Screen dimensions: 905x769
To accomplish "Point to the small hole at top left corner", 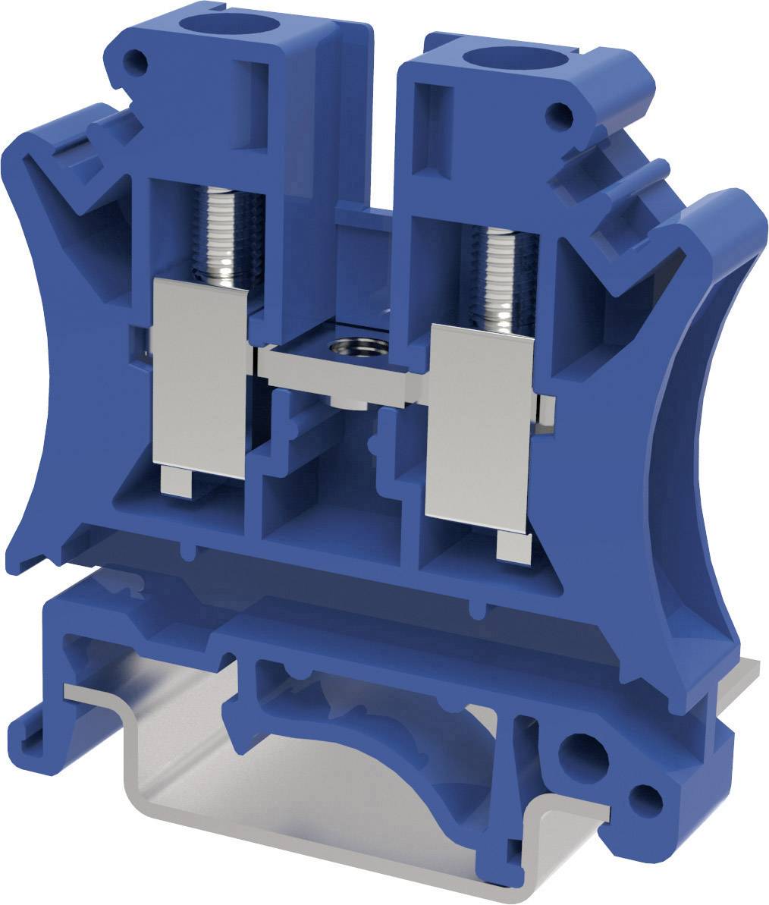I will coord(138,58).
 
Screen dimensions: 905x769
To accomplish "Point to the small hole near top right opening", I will coord(560,115).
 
